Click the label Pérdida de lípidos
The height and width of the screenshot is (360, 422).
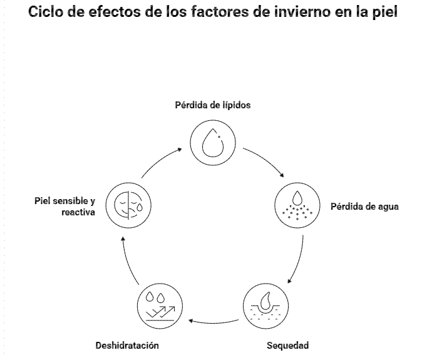click(x=212, y=105)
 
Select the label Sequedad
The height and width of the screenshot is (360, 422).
click(x=287, y=345)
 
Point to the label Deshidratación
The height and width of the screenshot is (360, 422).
click(x=127, y=345)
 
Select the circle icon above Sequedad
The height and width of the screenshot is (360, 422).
click(x=265, y=307)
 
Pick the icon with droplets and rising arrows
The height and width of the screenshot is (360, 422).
click(x=160, y=307)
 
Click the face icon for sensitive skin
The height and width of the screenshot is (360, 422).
click(x=128, y=205)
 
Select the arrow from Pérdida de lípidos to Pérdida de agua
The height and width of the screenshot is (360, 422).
click(x=264, y=162)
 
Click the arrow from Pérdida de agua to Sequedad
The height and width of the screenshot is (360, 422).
click(x=298, y=260)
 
